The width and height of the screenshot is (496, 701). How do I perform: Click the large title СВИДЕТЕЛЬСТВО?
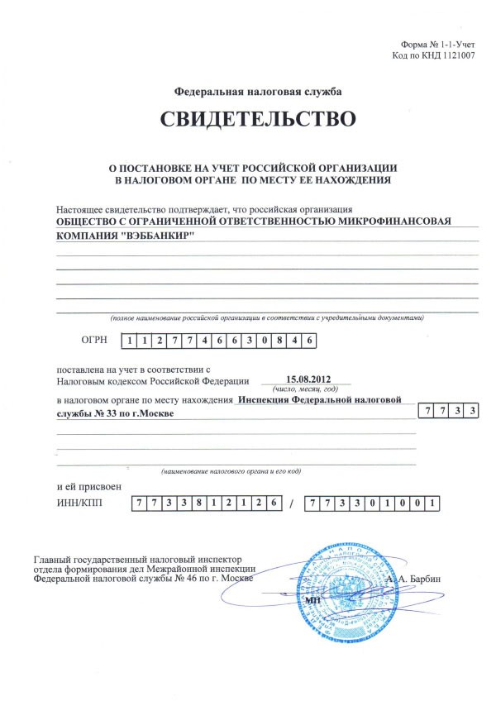258,119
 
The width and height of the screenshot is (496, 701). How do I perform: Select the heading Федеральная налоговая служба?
258,91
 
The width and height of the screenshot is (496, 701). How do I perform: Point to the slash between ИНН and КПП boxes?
292,503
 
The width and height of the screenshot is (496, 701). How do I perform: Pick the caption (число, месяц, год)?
307,387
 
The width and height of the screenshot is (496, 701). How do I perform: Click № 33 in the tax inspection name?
99,413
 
